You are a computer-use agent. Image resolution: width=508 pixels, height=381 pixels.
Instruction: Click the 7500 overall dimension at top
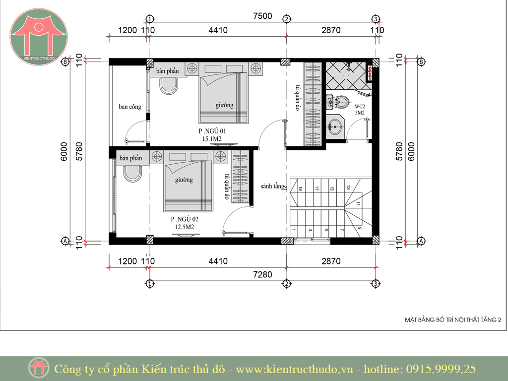(262, 16)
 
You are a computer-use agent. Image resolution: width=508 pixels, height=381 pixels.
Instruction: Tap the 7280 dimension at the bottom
(262, 275)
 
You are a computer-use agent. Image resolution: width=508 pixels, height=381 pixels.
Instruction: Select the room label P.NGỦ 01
(212, 131)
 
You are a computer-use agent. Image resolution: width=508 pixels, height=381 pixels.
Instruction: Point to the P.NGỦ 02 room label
(185, 219)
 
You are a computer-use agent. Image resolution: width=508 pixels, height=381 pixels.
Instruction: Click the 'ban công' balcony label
(130, 107)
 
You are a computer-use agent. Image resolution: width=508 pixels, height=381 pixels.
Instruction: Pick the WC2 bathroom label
(360, 106)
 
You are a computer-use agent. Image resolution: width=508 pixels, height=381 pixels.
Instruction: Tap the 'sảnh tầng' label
(272, 187)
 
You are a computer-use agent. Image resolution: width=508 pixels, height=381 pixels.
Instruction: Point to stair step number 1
(294, 230)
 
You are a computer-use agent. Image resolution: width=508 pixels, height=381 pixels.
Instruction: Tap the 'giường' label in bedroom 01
(225, 105)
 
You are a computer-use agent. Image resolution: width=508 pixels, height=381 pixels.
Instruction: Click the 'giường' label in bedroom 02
(184, 180)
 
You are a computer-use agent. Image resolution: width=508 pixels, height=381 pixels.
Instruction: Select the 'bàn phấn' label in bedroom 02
(131, 158)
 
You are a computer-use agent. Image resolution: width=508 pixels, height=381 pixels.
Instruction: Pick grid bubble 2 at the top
(286, 19)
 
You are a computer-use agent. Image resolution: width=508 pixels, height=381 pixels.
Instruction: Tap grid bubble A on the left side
(65, 242)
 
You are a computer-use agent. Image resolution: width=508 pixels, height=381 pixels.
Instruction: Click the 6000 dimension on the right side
(411, 151)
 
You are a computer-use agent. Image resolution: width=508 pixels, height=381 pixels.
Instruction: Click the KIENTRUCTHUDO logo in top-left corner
(39, 37)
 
